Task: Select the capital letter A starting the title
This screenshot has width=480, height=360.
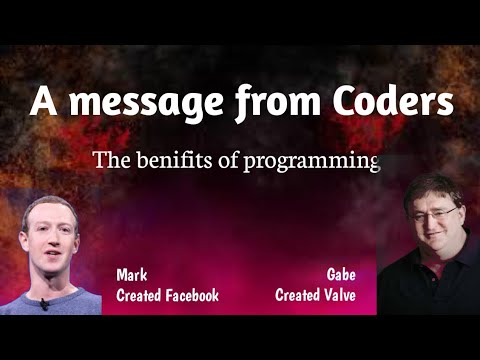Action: [x=42, y=102]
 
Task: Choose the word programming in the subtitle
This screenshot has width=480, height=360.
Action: [x=312, y=161]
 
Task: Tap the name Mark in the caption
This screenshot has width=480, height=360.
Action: [x=131, y=274]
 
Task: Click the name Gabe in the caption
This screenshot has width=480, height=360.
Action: [x=342, y=274]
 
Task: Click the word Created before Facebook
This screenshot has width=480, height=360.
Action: [x=139, y=296]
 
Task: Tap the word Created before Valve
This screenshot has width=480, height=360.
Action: [x=297, y=296]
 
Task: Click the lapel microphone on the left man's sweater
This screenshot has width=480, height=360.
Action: [x=44, y=302]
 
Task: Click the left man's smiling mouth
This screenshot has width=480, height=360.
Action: [x=47, y=256]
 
